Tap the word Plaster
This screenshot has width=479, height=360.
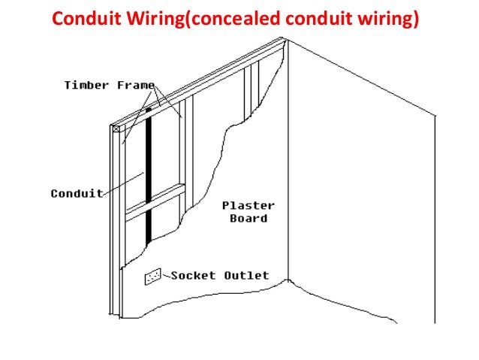tap(249, 205)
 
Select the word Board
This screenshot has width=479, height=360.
tap(249, 219)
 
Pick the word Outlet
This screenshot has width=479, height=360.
tap(246, 276)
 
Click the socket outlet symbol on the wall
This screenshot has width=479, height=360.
tap(153, 277)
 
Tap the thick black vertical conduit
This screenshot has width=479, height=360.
tap(149, 173)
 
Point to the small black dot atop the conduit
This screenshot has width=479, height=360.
tap(149, 110)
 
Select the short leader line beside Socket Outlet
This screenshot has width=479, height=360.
tap(167, 276)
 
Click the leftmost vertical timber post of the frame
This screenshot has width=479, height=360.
tap(113, 225)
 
